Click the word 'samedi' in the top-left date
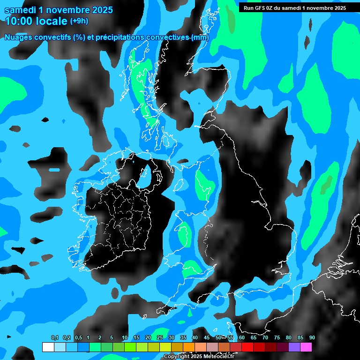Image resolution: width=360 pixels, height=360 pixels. tap(21, 10)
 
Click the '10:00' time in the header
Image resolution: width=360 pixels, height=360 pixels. tap(19, 21)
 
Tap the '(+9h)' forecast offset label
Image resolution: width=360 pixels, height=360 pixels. tap(79, 21)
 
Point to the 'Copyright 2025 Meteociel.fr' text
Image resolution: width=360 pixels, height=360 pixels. tap(199, 357)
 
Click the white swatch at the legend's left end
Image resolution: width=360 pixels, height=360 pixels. tap(48, 347)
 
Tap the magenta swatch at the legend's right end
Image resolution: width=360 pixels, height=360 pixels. tap(306, 347)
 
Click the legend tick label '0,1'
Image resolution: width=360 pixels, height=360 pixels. tap(54, 338)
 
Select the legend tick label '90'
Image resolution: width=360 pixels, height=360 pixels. tap(312, 338)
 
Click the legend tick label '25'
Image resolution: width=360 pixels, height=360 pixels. tap(160, 338)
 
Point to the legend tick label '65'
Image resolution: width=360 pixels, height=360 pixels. tap(253, 338)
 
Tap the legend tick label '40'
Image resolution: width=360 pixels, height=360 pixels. tap(195, 338)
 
